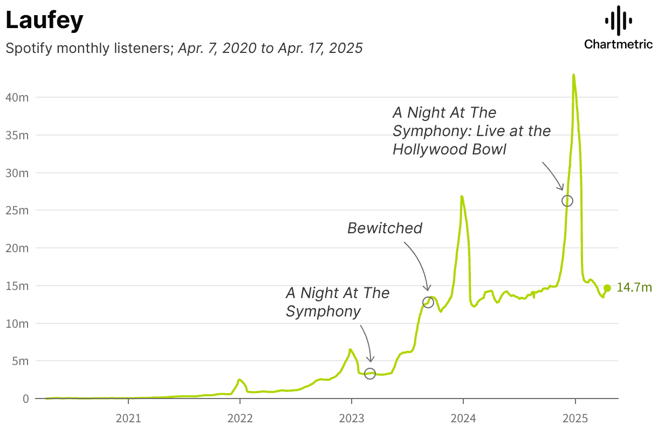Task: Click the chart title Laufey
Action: pos(44,21)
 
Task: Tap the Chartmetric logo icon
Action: pos(618,21)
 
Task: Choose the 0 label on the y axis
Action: pos(25,399)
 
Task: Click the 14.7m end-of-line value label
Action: pos(634,288)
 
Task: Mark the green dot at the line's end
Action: pos(607,288)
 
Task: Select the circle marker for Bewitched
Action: pos(428,302)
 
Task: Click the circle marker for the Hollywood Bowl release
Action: pos(567,201)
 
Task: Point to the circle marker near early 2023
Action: pos(369,374)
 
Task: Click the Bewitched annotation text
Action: pos(385,228)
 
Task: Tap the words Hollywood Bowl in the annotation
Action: pos(449,150)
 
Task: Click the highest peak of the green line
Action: pos(573,75)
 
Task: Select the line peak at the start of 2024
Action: pos(462,197)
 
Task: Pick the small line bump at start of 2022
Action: pos(239,380)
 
